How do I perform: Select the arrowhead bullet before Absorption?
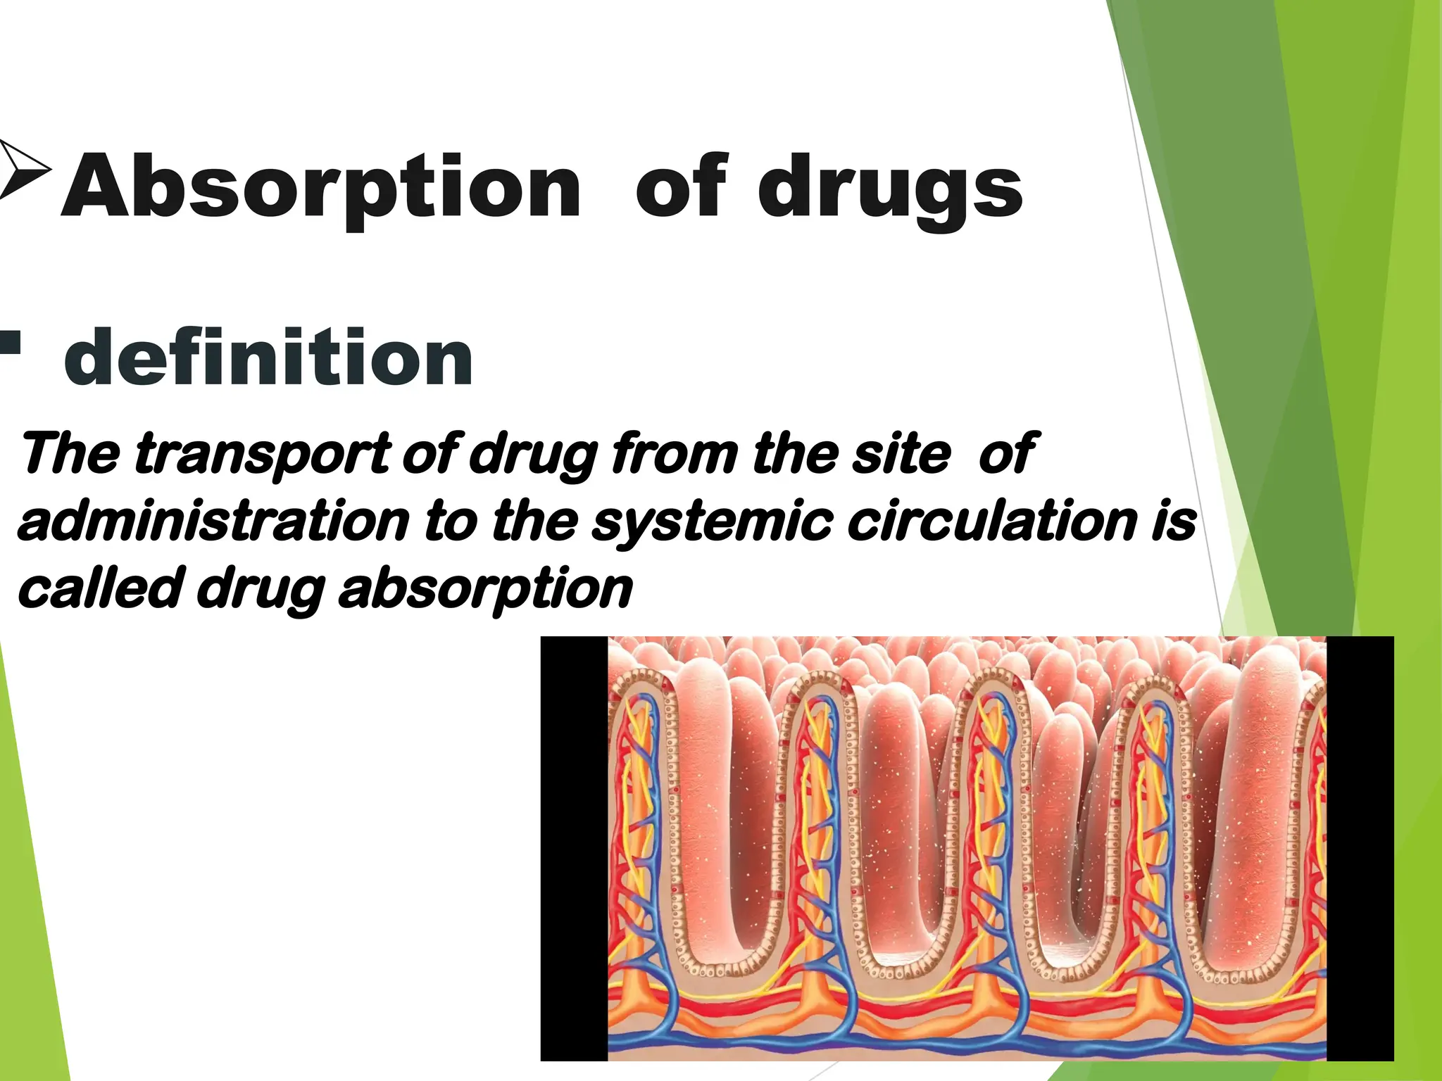pos(25,169)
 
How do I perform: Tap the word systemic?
pos(712,521)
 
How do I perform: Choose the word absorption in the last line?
pos(486,590)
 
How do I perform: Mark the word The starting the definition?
pos(70,454)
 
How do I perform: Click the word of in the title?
pos(681,187)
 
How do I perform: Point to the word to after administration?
pos(451,521)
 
